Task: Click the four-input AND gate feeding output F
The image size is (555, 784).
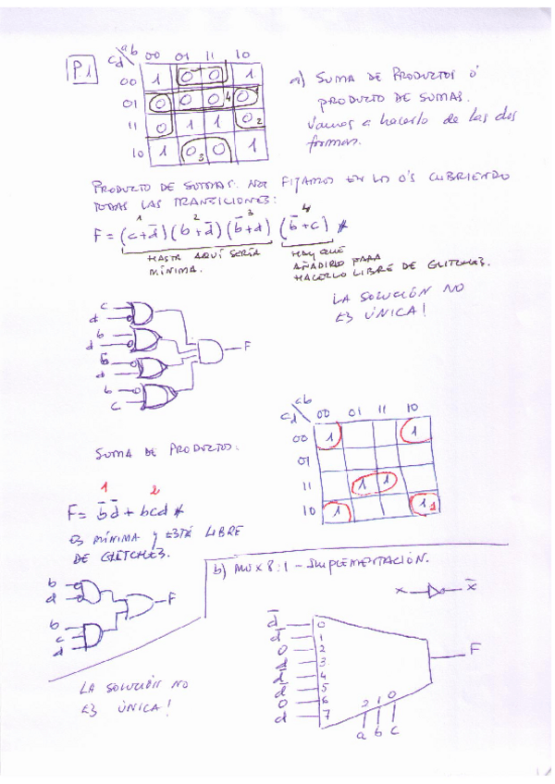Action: [x=210, y=350]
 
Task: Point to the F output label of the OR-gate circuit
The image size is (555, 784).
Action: [x=247, y=349]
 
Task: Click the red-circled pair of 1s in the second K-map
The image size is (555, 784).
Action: [x=374, y=482]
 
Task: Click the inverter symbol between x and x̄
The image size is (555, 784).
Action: [x=438, y=591]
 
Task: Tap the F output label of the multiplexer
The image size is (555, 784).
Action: [x=475, y=649]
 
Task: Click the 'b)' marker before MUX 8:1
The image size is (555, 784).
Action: [x=219, y=570]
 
